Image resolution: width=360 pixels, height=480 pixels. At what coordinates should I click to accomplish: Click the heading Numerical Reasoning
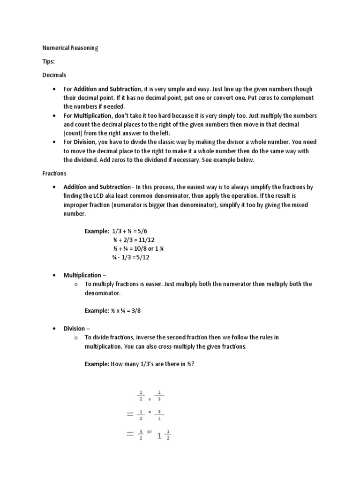[70, 48]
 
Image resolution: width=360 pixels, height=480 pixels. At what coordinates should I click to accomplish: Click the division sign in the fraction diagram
[150, 399]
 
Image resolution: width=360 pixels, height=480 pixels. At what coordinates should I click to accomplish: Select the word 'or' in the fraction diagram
[150, 431]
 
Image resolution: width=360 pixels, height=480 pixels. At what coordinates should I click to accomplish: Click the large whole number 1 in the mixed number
[159, 436]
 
